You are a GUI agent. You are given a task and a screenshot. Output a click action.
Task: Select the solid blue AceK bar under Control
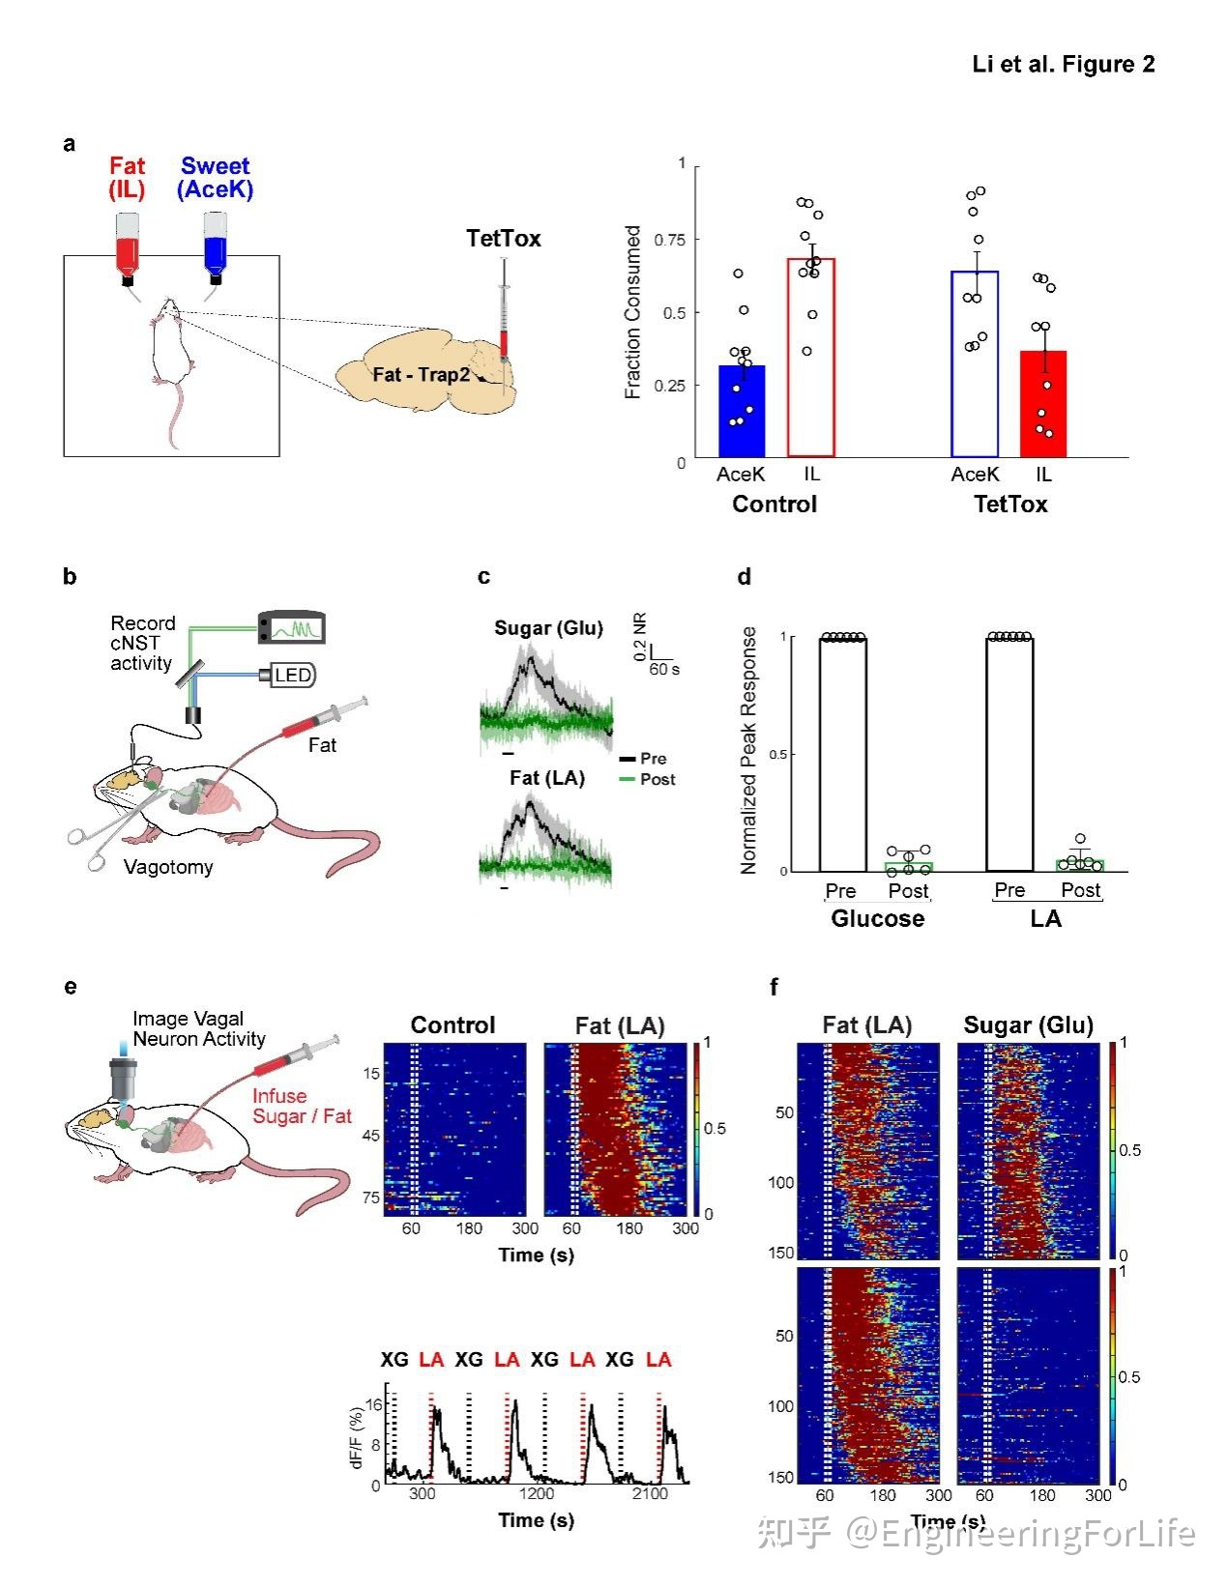pos(742,411)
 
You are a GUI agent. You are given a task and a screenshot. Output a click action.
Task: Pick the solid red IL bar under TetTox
pos(1043,404)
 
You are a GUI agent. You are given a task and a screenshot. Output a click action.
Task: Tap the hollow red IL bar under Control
pos(811,358)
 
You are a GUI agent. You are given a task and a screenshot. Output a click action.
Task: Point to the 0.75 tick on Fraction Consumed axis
pos(669,240)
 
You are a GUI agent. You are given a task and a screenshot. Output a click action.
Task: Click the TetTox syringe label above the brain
pos(503,239)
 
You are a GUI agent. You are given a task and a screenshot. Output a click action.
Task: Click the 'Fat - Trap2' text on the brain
pos(422,374)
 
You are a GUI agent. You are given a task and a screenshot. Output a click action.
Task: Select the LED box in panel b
pos(292,675)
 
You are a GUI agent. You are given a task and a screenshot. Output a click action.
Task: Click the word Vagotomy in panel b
pos(168,867)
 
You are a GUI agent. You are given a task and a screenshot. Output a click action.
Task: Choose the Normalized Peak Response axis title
pos(748,750)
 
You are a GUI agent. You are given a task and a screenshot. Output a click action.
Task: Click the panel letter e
pos(70,987)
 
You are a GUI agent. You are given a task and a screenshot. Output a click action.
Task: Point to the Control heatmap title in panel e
pos(453,1025)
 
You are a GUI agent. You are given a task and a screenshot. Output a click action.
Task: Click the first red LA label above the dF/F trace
pos(431,1360)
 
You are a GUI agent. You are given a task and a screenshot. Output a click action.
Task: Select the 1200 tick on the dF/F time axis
pos(536,1493)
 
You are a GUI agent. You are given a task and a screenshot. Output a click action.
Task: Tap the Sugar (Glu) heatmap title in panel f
pos(1028,1025)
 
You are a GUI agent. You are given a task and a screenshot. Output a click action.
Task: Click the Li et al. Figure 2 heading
pos(1063,65)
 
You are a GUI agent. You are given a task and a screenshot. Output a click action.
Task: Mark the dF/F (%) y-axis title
pos(357,1437)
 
